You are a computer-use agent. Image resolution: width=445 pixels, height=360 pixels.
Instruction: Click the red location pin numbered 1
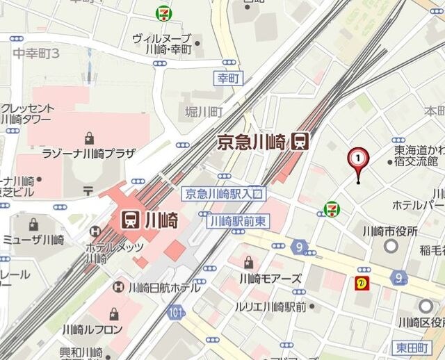point(358,160)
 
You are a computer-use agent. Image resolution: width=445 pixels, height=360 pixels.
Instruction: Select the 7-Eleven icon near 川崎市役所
point(332,208)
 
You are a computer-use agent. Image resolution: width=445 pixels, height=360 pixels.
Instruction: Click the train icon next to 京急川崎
point(300,141)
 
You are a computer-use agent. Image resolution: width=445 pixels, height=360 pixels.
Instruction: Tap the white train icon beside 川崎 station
point(130,220)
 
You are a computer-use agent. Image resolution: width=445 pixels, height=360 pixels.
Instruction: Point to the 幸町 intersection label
point(228,79)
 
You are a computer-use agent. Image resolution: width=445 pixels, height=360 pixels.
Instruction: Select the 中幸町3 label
point(37,53)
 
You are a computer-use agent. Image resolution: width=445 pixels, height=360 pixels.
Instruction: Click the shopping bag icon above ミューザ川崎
point(33,224)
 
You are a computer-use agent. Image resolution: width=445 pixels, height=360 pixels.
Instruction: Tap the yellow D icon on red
point(362,282)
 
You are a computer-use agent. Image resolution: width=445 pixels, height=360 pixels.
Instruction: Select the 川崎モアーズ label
point(270,279)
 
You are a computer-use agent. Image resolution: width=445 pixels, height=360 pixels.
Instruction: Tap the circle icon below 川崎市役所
point(390,245)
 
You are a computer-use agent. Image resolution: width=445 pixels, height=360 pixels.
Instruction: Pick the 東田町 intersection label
point(428,347)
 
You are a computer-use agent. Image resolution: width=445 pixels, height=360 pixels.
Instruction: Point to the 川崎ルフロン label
point(92,329)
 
